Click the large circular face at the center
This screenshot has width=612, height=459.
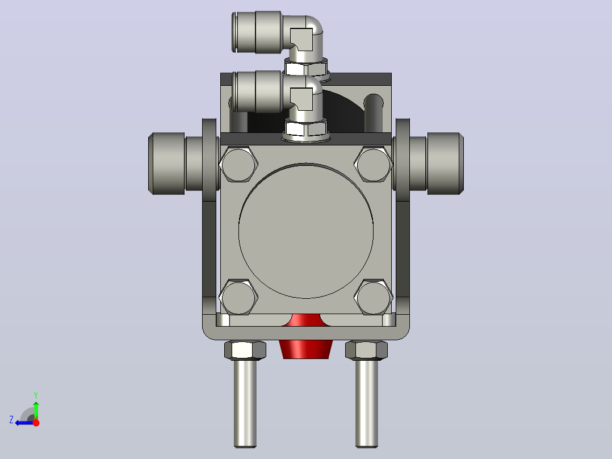(x=306, y=231)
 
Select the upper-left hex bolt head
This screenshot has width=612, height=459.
(x=238, y=164)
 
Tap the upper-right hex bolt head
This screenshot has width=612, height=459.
(x=374, y=164)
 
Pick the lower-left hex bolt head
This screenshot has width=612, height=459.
(x=238, y=297)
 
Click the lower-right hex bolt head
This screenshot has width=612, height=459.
(x=374, y=297)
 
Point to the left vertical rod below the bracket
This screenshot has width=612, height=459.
(x=245, y=403)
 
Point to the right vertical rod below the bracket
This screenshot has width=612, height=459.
(x=367, y=403)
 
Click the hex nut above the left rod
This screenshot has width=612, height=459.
(x=245, y=350)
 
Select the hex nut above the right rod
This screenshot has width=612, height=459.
(x=367, y=350)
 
